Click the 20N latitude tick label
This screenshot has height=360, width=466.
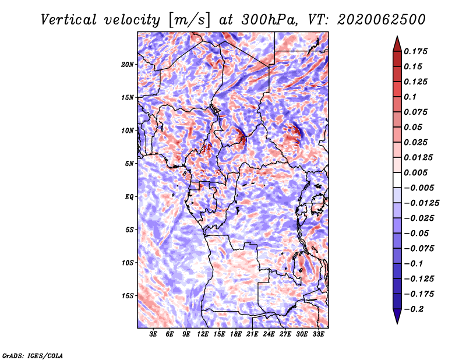click(x=128, y=64)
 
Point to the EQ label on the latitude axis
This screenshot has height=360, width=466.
click(x=129, y=196)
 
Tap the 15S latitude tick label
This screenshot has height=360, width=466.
click(x=128, y=295)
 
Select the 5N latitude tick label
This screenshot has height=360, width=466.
click(x=129, y=163)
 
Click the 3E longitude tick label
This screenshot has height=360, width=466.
click(x=153, y=334)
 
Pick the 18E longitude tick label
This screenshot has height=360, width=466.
click(x=236, y=334)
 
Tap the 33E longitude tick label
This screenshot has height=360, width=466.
click(x=318, y=334)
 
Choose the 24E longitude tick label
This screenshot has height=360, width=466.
click(x=269, y=334)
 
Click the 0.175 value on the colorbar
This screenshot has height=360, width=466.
click(x=415, y=51)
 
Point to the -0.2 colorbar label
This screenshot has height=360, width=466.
click(x=414, y=309)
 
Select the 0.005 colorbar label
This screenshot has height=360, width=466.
click(x=415, y=172)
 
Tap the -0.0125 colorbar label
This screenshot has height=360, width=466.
click(x=421, y=203)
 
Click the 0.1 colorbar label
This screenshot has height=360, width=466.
click(x=410, y=97)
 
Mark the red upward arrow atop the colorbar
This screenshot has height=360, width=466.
click(x=397, y=44)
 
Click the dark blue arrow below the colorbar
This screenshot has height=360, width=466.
click(x=397, y=316)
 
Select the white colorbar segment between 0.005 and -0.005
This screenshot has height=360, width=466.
click(x=397, y=180)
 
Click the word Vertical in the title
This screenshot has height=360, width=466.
click(x=69, y=20)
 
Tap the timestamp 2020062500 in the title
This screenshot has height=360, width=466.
click(x=382, y=20)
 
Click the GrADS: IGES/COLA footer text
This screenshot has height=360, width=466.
click(x=33, y=355)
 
